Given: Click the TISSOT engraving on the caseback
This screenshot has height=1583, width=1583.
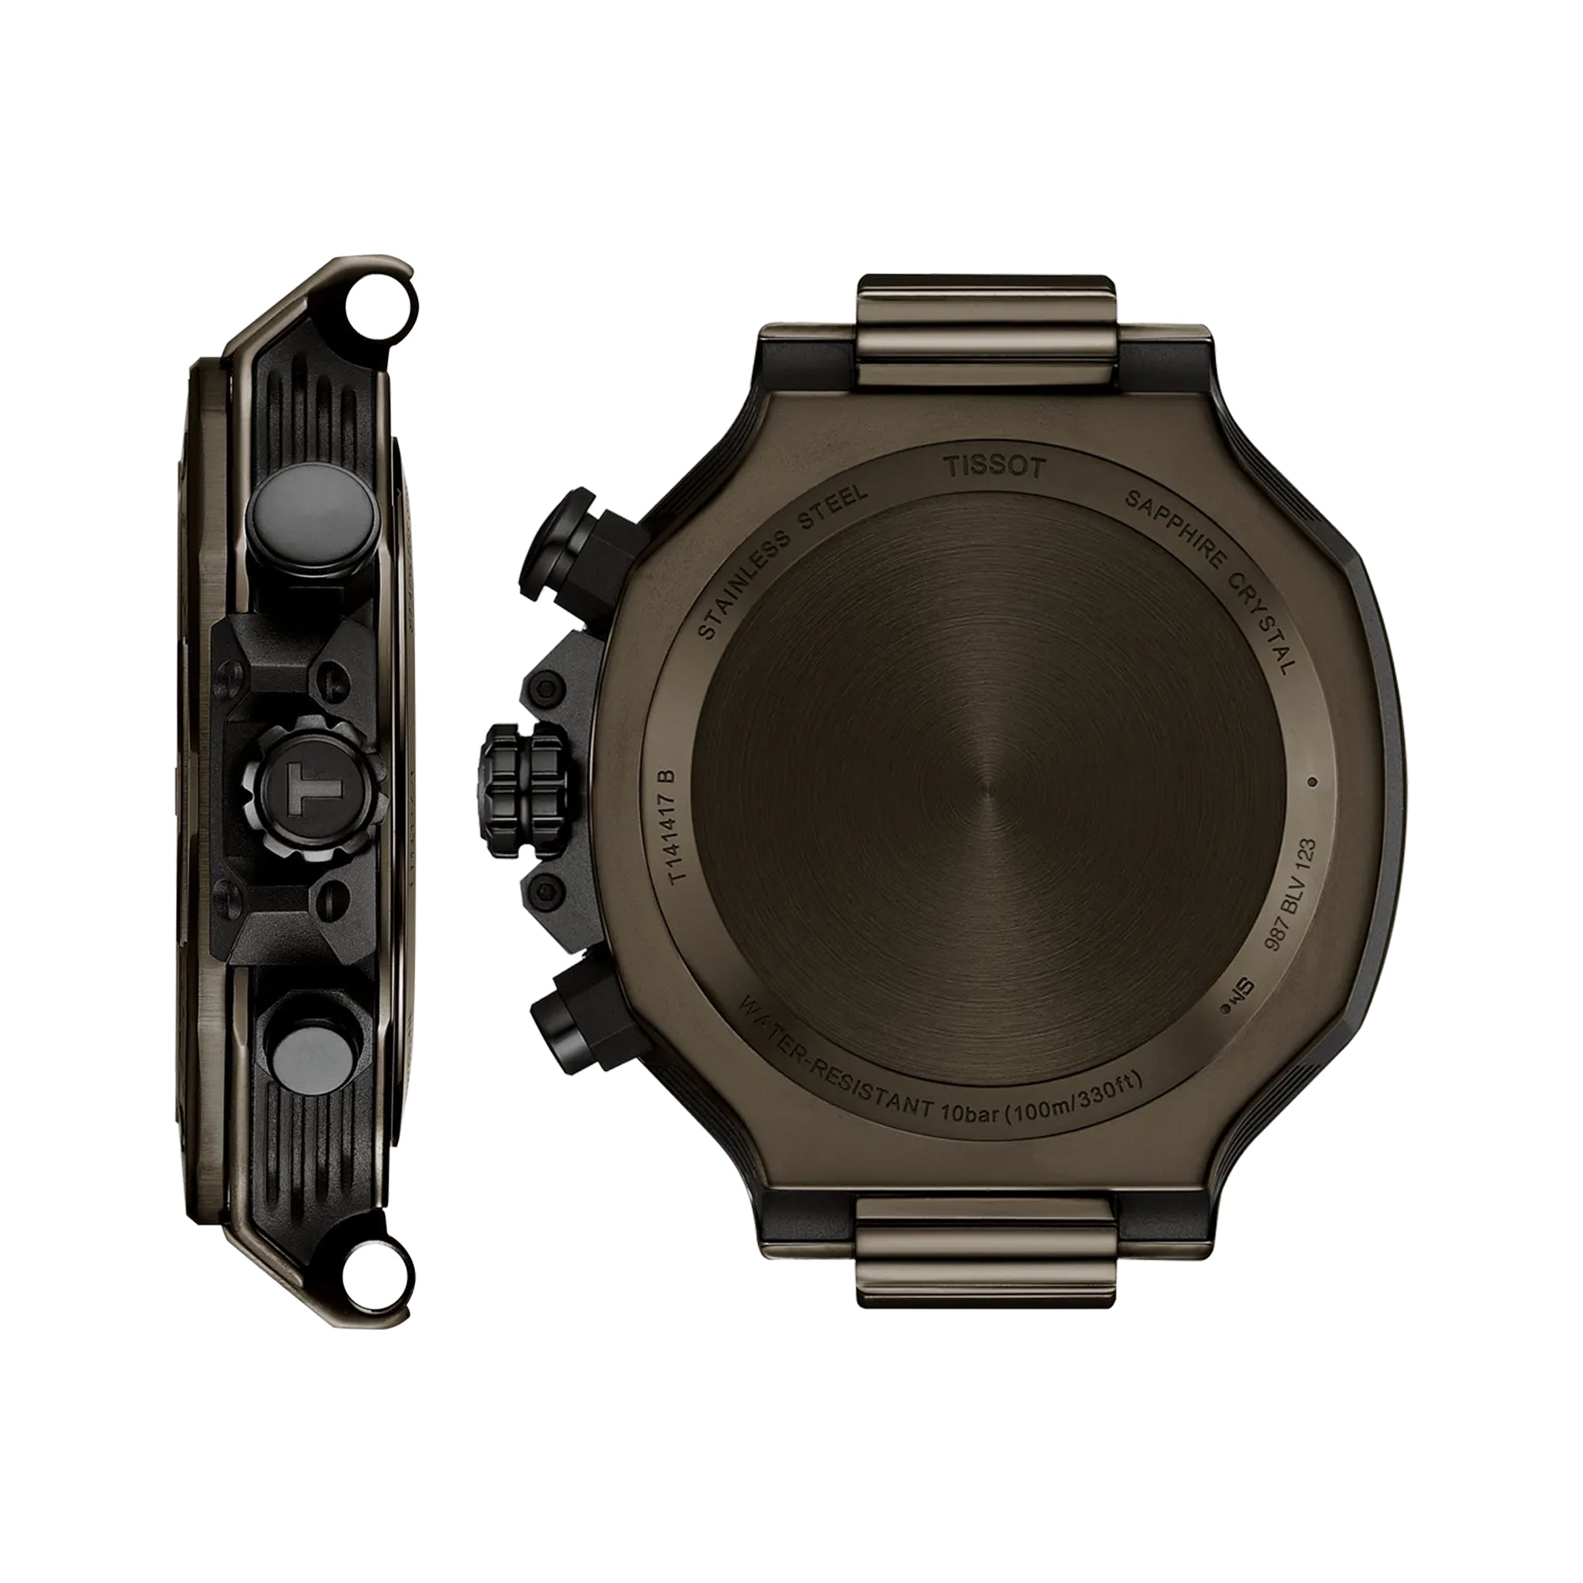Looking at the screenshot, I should click(x=995, y=468).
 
